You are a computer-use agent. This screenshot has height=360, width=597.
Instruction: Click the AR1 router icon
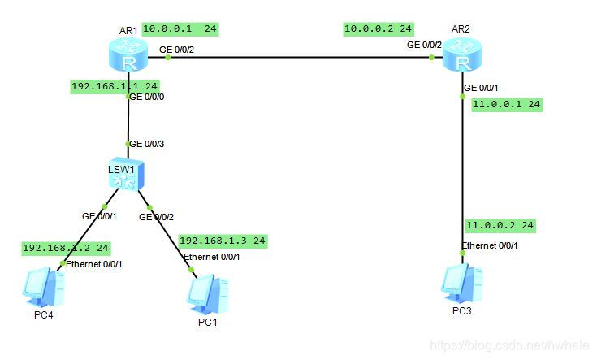[x=128, y=57]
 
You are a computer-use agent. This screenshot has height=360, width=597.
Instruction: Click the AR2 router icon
[x=462, y=57]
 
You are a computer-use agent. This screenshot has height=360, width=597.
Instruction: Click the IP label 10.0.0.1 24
[x=180, y=28]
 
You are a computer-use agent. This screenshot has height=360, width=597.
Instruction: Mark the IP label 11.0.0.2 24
[x=500, y=225]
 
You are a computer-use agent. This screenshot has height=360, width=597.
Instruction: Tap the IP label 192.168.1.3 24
[x=223, y=241]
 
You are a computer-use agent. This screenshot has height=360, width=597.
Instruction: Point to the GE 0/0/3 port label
[x=147, y=144]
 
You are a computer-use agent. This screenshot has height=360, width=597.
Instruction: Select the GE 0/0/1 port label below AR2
[x=481, y=89]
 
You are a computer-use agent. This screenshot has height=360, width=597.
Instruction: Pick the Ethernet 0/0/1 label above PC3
[x=490, y=245]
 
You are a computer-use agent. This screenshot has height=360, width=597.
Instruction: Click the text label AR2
[x=461, y=29]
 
